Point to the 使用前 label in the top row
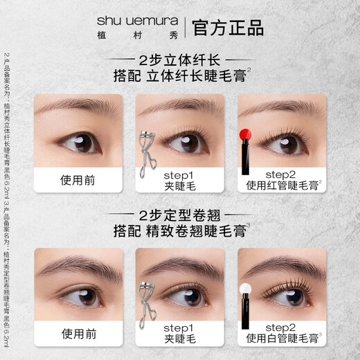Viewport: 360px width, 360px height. coord(78,181)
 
